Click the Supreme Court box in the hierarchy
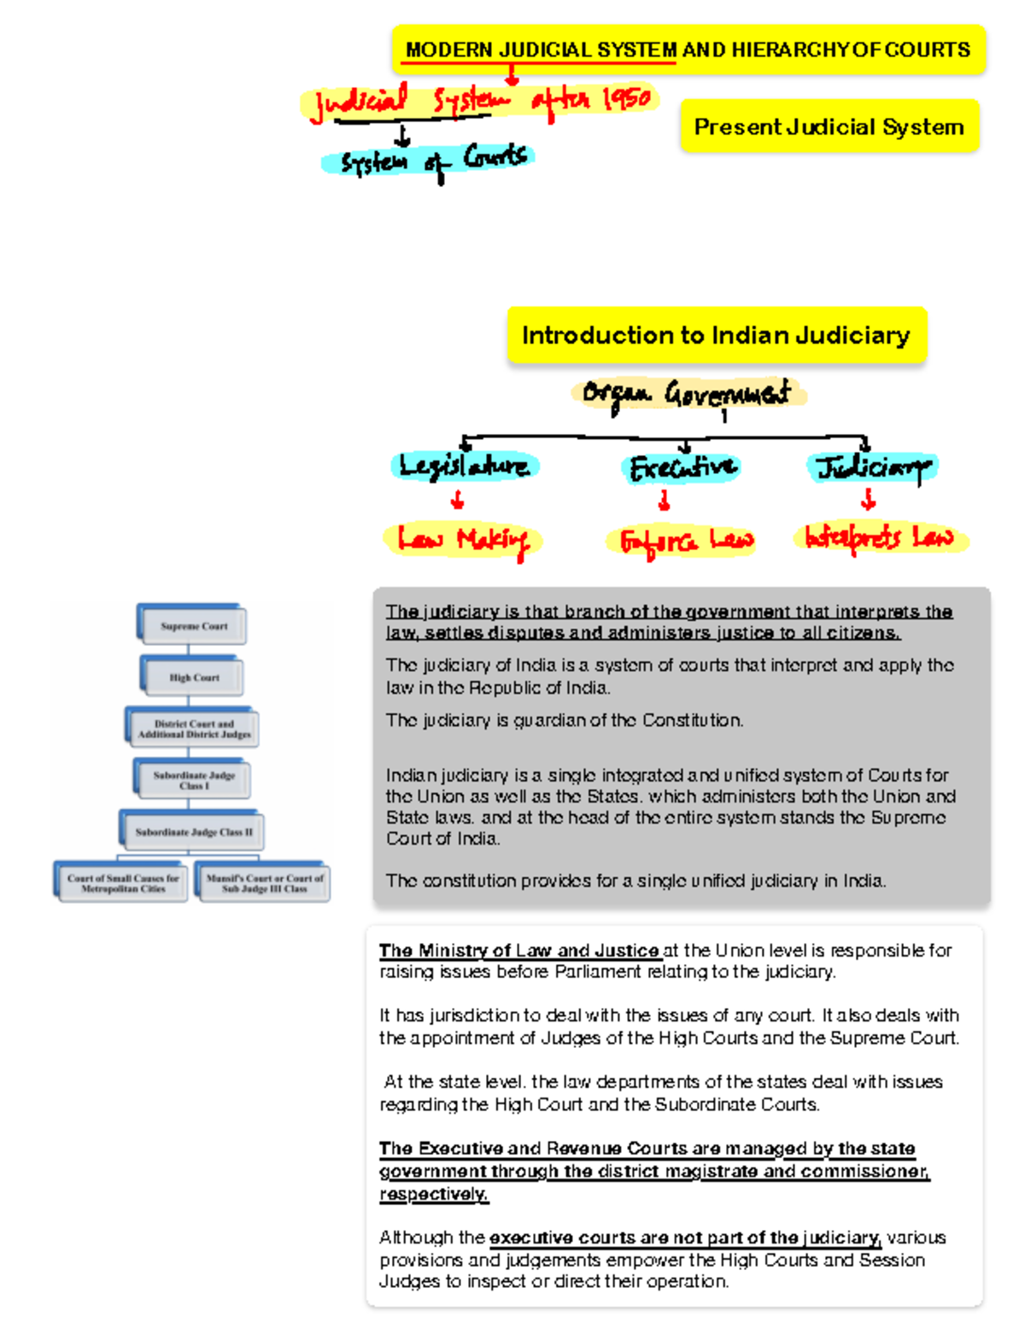coord(194,626)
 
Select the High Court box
coord(194,677)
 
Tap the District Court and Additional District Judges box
coord(194,729)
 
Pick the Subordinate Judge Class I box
coord(194,780)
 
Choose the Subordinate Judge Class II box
coord(194,831)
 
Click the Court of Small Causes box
coord(123,883)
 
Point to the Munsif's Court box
coord(265,883)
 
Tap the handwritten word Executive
coord(682,467)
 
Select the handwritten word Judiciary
coord(871,467)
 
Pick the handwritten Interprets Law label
coord(880,538)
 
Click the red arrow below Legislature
coord(458,500)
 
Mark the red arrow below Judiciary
coord(869,500)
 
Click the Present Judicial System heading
coord(829,127)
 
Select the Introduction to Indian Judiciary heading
coord(716,336)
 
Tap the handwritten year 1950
coord(627,98)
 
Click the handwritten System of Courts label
coord(432,161)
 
